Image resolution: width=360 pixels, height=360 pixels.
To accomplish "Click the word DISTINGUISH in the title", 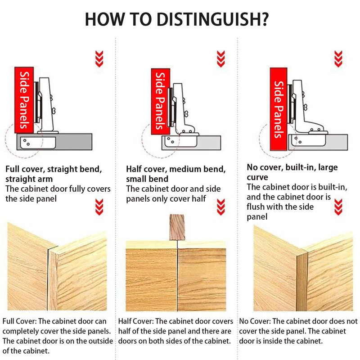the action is click(x=212, y=19).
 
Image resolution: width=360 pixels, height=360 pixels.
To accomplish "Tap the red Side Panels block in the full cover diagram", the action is click(x=24, y=100).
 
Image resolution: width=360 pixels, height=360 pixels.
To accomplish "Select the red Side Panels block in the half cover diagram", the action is click(x=161, y=101).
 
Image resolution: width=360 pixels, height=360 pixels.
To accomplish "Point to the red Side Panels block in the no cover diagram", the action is click(x=279, y=109).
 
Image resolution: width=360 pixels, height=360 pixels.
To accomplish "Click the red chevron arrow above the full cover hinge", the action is click(x=99, y=59).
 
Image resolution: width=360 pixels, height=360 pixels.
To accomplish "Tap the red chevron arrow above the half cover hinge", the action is click(x=221, y=59).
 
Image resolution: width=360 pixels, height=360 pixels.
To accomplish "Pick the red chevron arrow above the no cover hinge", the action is click(x=338, y=59).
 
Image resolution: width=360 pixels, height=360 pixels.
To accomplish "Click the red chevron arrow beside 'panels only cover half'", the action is click(x=221, y=207).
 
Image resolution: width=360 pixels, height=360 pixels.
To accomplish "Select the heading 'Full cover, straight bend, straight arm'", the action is click(x=54, y=174).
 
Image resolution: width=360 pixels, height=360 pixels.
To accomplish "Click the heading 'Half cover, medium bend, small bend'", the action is click(x=176, y=174).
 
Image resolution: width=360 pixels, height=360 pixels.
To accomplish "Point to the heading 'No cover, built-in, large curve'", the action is click(x=292, y=172).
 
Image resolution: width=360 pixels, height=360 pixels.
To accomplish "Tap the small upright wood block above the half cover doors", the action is click(x=177, y=227).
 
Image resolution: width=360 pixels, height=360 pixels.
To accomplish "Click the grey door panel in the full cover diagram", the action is click(x=54, y=142).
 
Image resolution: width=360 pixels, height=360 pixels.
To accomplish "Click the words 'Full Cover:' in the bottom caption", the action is click(x=19, y=321).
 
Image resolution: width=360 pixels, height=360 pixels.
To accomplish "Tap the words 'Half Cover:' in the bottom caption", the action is click(x=136, y=321).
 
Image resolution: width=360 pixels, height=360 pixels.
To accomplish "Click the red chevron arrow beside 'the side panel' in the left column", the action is click(x=99, y=207).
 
